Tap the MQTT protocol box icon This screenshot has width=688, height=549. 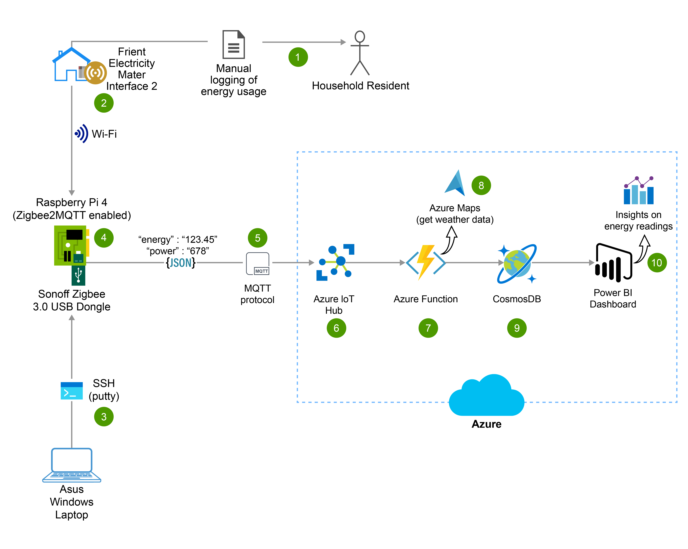point(257,264)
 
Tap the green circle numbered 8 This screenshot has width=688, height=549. point(481,185)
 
